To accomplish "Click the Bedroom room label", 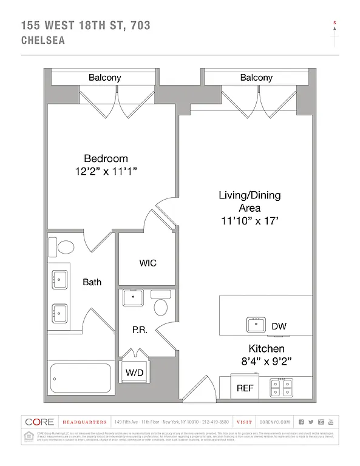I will [106, 158].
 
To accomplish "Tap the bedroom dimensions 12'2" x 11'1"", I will [106, 172].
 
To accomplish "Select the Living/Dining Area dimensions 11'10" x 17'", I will [250, 221].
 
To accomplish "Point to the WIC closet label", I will [148, 263].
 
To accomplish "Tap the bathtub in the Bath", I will [81, 378].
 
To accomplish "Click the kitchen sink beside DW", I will [258, 325].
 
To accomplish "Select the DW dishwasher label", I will [279, 326].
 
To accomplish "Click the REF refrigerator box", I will [245, 388].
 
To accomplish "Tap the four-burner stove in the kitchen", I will [281, 387].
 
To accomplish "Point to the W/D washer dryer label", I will [134, 372].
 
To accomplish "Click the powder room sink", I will [133, 297].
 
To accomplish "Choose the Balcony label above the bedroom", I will [105, 78].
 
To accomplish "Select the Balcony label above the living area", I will [256, 78].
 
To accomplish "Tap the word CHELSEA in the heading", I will [43, 41].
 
